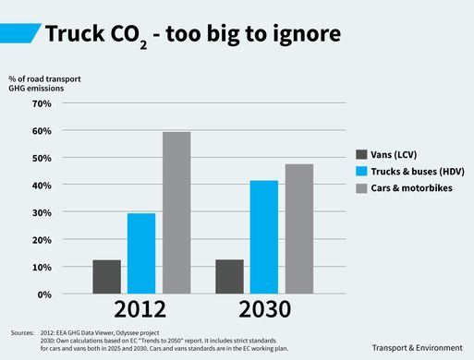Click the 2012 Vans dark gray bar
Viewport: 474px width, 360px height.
tap(106, 277)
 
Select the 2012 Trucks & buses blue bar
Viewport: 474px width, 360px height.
tap(141, 254)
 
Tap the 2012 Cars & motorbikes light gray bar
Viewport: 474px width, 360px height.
tap(176, 213)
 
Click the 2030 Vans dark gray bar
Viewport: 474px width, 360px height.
tap(229, 277)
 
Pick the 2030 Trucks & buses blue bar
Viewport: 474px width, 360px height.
tap(264, 237)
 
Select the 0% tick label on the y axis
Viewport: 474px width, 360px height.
tap(43, 294)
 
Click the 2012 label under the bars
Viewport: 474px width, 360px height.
tap(141, 309)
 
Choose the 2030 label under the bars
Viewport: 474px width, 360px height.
tap(264, 309)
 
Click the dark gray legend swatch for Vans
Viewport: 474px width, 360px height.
tap(362, 154)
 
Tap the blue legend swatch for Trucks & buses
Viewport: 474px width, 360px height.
tap(362, 172)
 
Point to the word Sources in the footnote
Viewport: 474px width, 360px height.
tap(22, 331)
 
